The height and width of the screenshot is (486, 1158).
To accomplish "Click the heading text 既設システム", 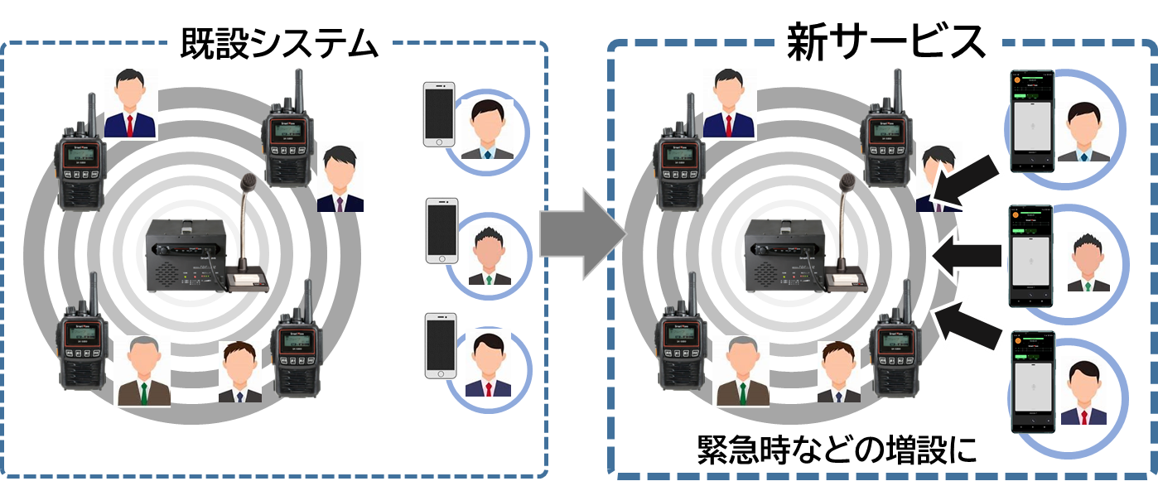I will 278,42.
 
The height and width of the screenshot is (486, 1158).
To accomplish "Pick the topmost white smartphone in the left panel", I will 439,114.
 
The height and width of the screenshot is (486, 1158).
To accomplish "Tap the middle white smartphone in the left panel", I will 441,231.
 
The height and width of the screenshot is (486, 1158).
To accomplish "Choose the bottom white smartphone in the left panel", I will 440,345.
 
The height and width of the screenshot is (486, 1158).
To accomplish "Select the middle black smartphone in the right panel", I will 1030,257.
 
